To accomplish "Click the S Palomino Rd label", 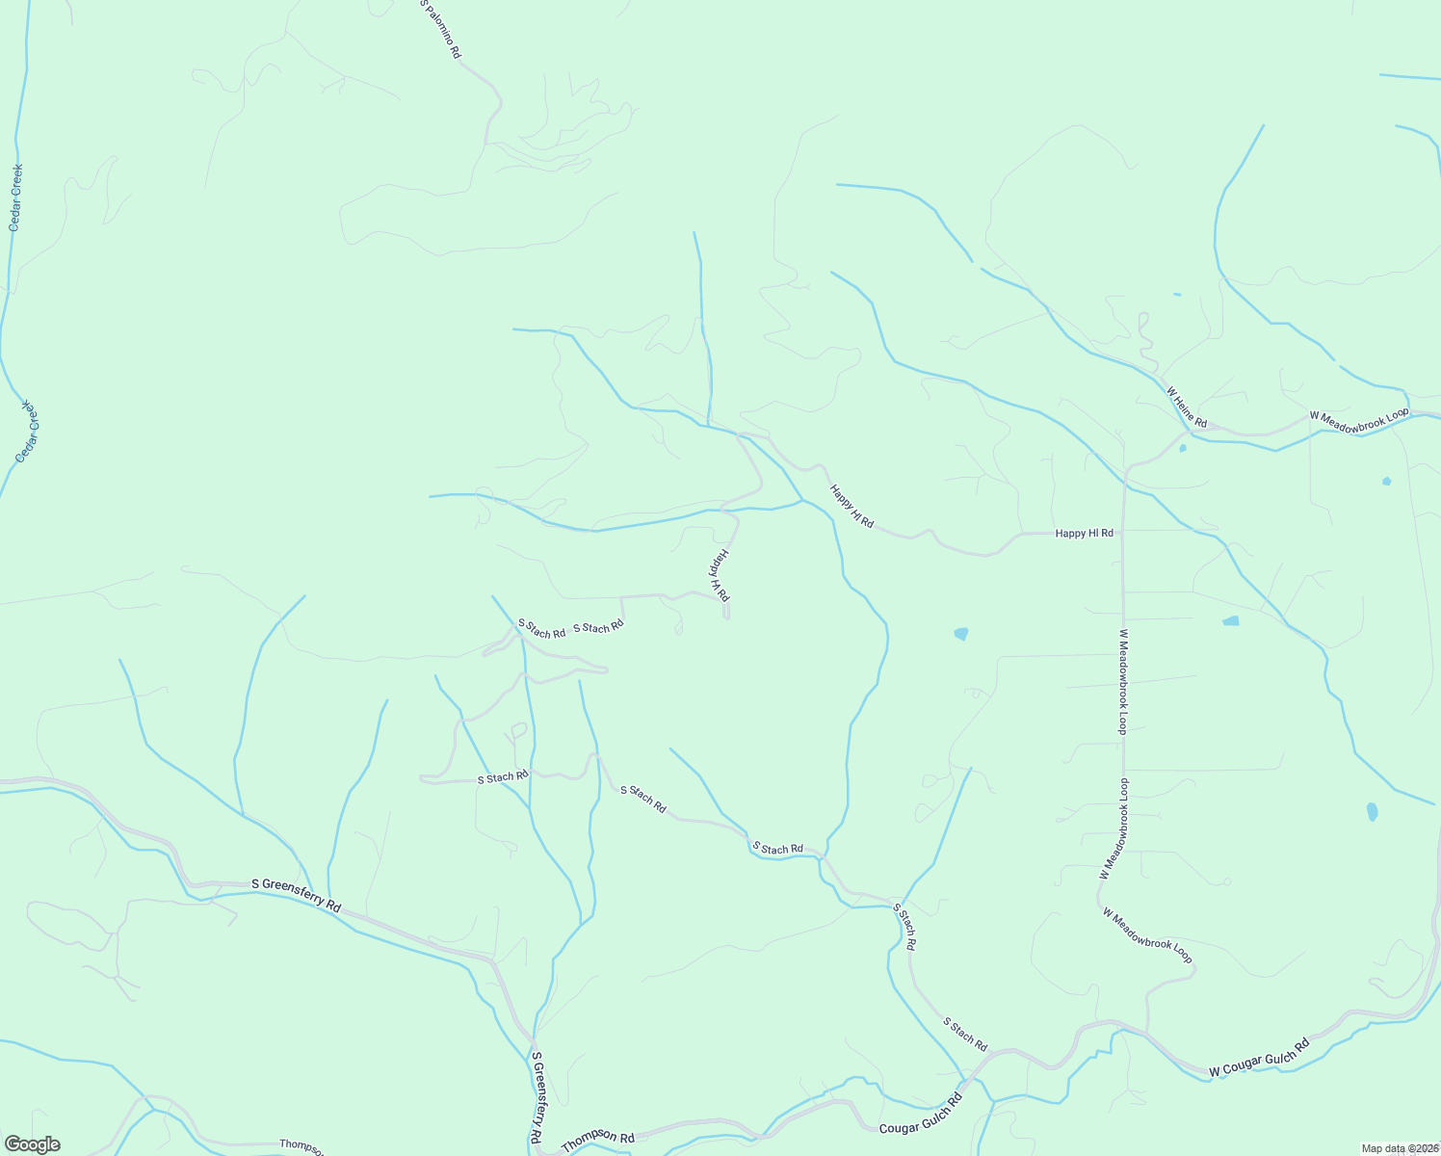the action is pyautogui.click(x=439, y=29).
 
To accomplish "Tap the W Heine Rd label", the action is pyautogui.click(x=1187, y=407).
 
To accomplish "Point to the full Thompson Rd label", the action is pyautogui.click(x=598, y=1140).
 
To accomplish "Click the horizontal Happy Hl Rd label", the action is pyautogui.click(x=1084, y=533).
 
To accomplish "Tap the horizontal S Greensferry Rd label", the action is pyautogui.click(x=297, y=895).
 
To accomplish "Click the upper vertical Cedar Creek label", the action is pyautogui.click(x=15, y=197).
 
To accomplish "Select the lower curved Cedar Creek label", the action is pyautogui.click(x=30, y=431).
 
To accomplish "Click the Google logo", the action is pyautogui.click(x=31, y=1143).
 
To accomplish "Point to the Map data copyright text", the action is pyautogui.click(x=1399, y=1148).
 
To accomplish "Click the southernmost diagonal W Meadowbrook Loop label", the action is pyautogui.click(x=1147, y=934).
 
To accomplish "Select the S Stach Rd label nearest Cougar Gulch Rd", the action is pyautogui.click(x=964, y=1034).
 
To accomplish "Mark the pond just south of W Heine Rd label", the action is pyautogui.click(x=1182, y=447).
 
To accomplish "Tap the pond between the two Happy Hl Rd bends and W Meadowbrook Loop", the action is pyautogui.click(x=960, y=633).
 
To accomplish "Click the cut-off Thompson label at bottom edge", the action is pyautogui.click(x=301, y=1144).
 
